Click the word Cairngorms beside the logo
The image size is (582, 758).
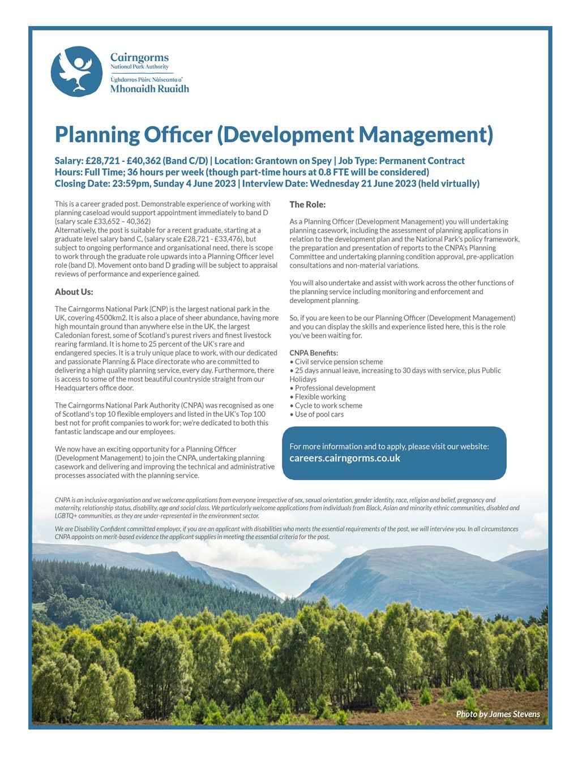[x=139, y=58]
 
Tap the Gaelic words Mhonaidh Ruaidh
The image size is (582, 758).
[x=149, y=89]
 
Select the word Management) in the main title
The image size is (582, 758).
[x=426, y=135]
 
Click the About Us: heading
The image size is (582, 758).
[x=74, y=292]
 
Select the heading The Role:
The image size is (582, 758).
[x=307, y=204]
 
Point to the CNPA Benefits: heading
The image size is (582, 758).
[x=314, y=353]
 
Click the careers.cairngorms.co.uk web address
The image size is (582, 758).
[x=345, y=458]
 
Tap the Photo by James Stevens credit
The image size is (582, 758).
[x=498, y=714]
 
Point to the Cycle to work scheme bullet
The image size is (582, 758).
[x=328, y=405]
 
